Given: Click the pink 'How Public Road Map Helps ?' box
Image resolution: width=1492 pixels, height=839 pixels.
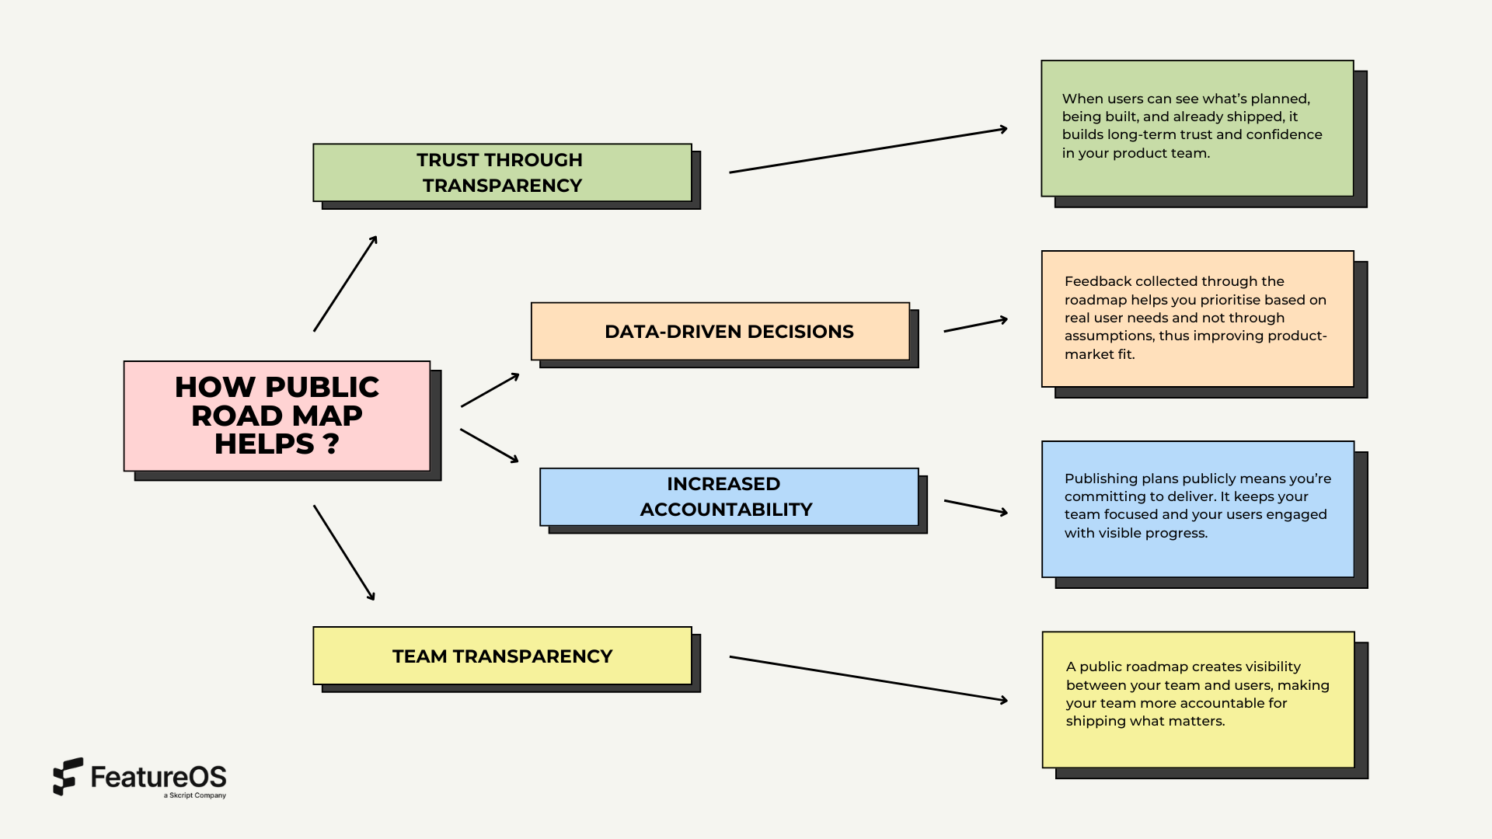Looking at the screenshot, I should coord(277,416).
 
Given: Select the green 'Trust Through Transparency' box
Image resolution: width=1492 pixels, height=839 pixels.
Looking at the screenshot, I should coord(502,172).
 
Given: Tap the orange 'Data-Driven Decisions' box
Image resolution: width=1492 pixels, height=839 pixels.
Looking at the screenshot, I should coord(720,332).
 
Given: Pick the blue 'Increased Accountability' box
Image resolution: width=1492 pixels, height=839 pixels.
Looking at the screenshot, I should coord(729,496).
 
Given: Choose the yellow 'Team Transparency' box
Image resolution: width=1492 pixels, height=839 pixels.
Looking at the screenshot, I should coord(502,656).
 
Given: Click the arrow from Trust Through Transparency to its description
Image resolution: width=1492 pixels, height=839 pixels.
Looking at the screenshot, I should coord(868,151).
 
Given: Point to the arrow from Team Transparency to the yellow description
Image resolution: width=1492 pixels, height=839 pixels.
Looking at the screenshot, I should coord(868,678).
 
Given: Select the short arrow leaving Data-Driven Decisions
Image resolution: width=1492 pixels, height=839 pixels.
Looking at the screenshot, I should coord(975,326).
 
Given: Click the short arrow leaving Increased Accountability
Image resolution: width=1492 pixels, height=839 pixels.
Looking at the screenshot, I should coord(975,507).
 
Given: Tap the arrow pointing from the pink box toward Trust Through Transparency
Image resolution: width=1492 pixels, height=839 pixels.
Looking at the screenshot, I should coord(345,284).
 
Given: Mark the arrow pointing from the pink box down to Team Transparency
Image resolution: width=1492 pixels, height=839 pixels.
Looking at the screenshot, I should coord(344,552).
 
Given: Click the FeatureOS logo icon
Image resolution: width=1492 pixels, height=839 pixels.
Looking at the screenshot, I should coord(68,776).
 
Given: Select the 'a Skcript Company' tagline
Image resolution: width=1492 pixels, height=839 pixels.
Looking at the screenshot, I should coord(194,795).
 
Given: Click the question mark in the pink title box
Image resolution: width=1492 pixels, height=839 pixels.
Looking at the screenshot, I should coord(331,444).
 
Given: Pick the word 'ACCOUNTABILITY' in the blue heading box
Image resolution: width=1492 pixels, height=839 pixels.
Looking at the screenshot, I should coord(726,510).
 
